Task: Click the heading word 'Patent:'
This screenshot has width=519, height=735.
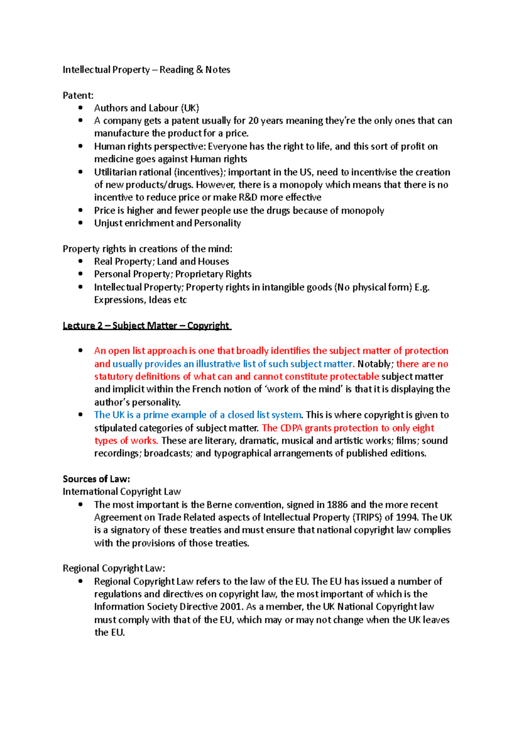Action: click(x=78, y=95)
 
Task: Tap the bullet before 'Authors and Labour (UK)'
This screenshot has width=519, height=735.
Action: click(x=80, y=108)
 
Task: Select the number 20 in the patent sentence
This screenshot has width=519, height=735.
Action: click(x=253, y=121)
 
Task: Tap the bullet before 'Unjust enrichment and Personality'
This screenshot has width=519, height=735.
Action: click(x=80, y=223)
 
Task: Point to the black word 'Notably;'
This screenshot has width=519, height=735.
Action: click(x=375, y=364)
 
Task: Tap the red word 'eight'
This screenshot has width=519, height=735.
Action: click(x=423, y=428)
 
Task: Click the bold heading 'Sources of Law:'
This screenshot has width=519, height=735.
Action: click(x=96, y=479)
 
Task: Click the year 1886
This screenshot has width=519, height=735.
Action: click(x=337, y=505)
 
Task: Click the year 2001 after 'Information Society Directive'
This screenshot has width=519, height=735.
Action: click(x=231, y=607)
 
